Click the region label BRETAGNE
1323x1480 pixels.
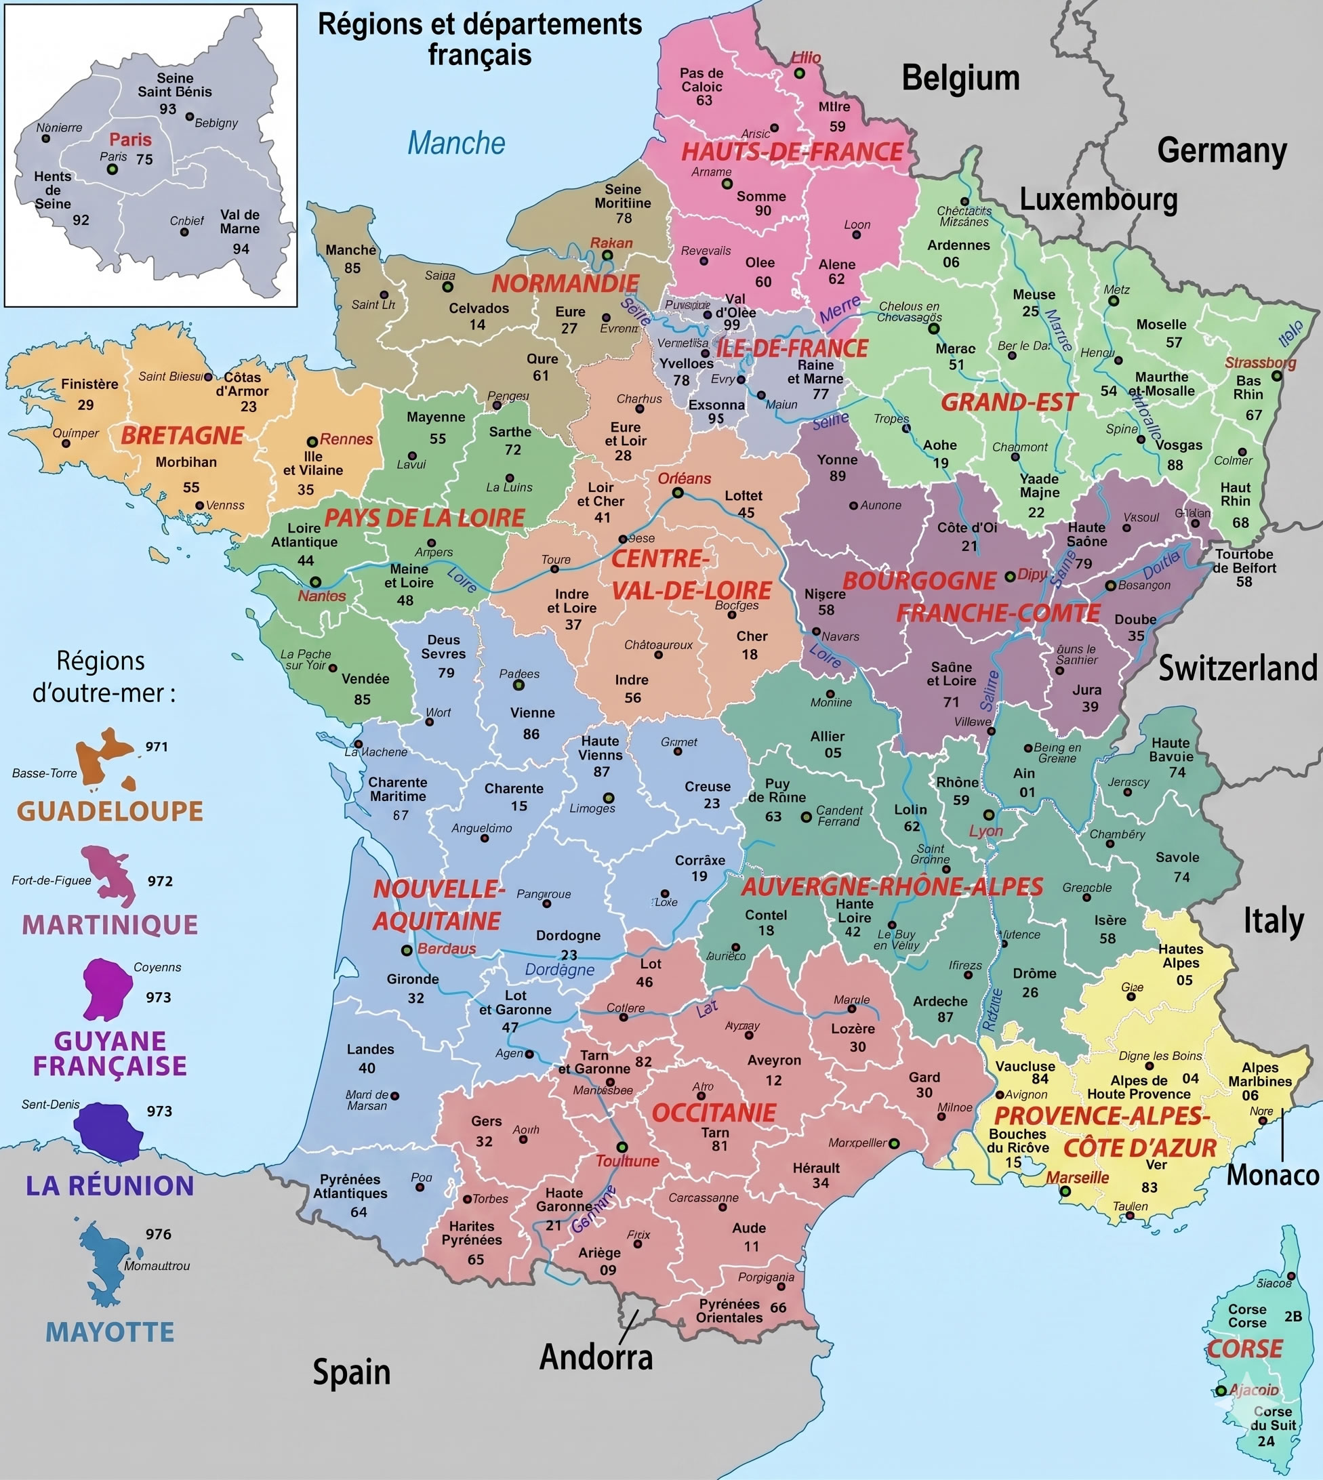[182, 436]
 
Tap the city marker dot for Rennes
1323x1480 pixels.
[312, 441]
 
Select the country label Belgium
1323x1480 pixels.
[960, 78]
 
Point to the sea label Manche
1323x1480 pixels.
[455, 143]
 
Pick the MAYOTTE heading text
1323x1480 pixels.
[110, 1332]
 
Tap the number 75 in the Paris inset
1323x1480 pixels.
[144, 159]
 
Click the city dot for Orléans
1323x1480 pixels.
[678, 493]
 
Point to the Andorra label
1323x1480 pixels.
[596, 1357]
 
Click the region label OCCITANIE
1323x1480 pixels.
[714, 1113]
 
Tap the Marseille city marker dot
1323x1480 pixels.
[1065, 1191]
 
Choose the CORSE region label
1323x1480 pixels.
[1244, 1349]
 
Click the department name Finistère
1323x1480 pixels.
[89, 384]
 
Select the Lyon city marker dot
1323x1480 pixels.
[989, 815]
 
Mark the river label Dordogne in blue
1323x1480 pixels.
[560, 970]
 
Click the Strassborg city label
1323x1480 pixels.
[1261, 363]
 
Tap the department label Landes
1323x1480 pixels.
[370, 1049]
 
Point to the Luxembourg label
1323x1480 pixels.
[1099, 199]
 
